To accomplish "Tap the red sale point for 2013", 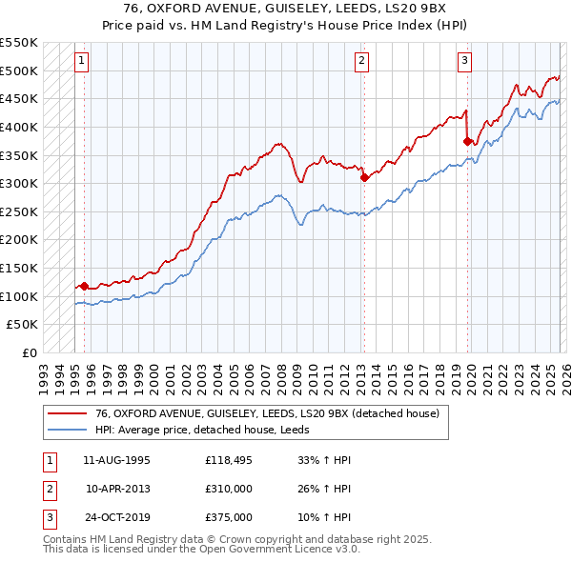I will click(x=364, y=177).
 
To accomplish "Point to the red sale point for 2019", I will click(x=467, y=141).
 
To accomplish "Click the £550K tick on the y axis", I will click(x=19, y=43).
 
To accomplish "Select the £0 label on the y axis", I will click(x=29, y=352).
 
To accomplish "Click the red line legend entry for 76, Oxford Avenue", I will click(x=267, y=414).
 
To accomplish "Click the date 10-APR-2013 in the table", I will click(x=117, y=489).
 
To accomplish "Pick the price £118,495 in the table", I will click(x=228, y=459).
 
